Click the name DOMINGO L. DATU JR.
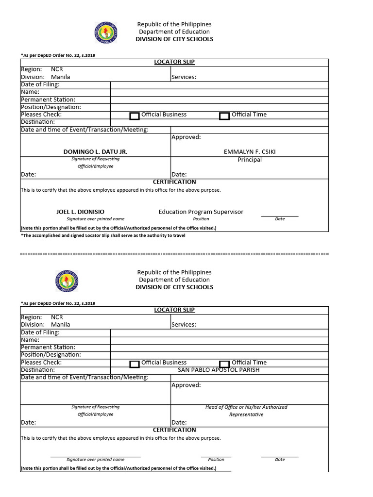95,152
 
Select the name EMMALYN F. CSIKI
250,152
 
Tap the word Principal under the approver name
250,160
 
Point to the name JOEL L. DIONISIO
80,212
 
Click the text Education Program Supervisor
201,212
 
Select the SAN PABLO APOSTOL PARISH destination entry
219,370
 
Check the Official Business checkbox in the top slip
135,116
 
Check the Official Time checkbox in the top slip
224,116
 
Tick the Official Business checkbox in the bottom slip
135,364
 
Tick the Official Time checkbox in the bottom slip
224,364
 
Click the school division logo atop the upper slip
105,33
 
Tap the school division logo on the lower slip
67,281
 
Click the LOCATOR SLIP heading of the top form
174,62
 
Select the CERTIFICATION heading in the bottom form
174,430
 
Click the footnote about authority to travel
103,235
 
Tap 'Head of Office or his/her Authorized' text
246,407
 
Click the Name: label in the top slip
30,92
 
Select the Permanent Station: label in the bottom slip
48,348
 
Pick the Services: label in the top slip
184,77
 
